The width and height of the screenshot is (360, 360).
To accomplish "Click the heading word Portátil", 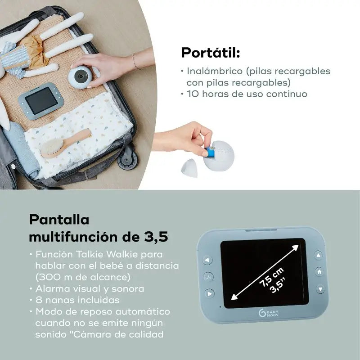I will point(210,53).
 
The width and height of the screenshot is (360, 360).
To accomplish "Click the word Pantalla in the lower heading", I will point(59,220).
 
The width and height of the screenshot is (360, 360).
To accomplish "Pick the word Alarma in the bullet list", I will point(55,288).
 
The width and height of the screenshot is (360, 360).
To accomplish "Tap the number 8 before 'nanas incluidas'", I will point(38,300).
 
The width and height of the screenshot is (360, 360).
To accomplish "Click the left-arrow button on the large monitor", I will point(207,260).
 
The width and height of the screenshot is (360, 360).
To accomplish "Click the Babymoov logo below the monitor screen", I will point(271,314).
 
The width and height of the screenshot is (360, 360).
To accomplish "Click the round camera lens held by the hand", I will point(81,75).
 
